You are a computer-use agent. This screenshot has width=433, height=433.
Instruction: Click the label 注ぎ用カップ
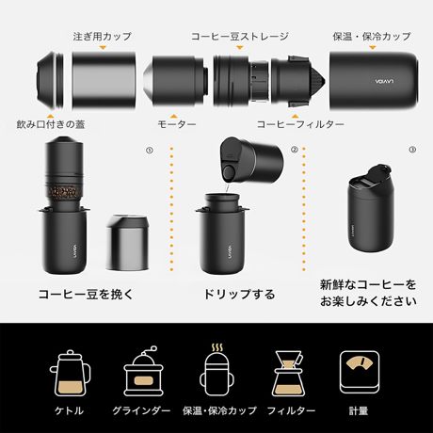102,36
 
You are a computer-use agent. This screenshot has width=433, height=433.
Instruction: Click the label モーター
177,123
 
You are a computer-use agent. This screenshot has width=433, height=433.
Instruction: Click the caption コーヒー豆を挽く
79,294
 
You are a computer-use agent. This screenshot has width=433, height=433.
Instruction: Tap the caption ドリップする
239,294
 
